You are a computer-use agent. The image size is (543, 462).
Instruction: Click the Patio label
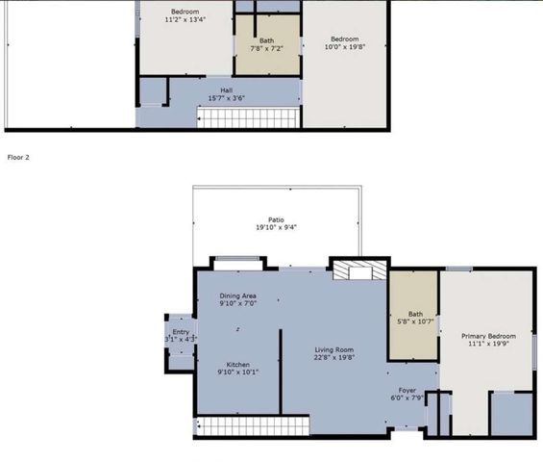(x=276, y=219)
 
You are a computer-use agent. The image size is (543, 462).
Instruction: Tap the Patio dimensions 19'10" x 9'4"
(x=276, y=228)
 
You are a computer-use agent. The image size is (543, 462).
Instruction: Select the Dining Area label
(x=237, y=295)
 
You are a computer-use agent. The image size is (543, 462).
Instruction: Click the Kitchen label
(x=237, y=365)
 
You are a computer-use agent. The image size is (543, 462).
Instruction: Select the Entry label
(x=180, y=330)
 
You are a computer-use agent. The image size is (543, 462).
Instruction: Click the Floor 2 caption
(x=19, y=156)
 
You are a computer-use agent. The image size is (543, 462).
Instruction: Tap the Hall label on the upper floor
(x=226, y=90)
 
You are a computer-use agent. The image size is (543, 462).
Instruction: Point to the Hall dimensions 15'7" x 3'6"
(x=226, y=99)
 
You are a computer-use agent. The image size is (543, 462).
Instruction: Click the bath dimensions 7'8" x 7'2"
(x=266, y=48)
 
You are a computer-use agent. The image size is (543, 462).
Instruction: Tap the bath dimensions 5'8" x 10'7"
(x=415, y=321)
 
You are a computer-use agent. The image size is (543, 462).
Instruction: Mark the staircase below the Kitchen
(x=251, y=425)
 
